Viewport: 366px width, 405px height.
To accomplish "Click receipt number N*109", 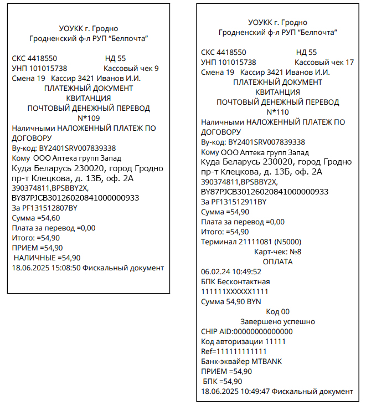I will point(89,117).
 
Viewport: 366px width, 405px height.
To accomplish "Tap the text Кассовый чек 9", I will point(131,69).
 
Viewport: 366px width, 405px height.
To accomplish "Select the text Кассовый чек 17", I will point(324,63).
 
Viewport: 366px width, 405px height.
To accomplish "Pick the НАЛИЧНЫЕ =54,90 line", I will point(47,258).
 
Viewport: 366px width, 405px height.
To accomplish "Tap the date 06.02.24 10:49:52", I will point(231,272).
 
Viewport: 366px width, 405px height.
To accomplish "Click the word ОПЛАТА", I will point(277,262).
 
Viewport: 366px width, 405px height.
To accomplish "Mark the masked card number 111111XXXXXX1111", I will point(234,292).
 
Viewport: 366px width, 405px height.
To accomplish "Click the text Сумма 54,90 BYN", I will point(231,302).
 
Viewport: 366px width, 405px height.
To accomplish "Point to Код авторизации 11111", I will point(243,341).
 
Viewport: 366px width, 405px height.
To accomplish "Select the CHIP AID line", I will point(246,331).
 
